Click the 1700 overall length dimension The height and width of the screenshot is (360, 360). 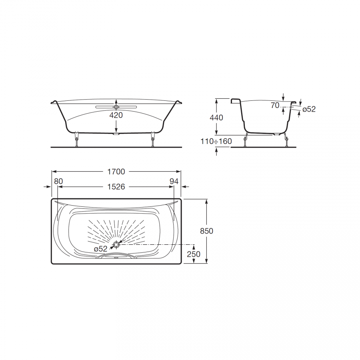(116, 172)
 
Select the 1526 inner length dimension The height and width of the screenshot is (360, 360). (116, 187)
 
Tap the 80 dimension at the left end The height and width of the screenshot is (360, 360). (58, 181)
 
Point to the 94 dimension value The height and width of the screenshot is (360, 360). (174, 181)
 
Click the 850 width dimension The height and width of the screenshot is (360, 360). (207, 231)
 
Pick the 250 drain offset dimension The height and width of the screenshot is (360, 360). (194, 254)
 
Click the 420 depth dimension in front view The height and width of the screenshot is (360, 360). (116, 115)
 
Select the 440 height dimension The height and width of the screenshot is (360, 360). (216, 118)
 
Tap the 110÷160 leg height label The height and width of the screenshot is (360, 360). (216, 141)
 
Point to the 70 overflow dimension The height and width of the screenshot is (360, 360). (275, 105)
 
